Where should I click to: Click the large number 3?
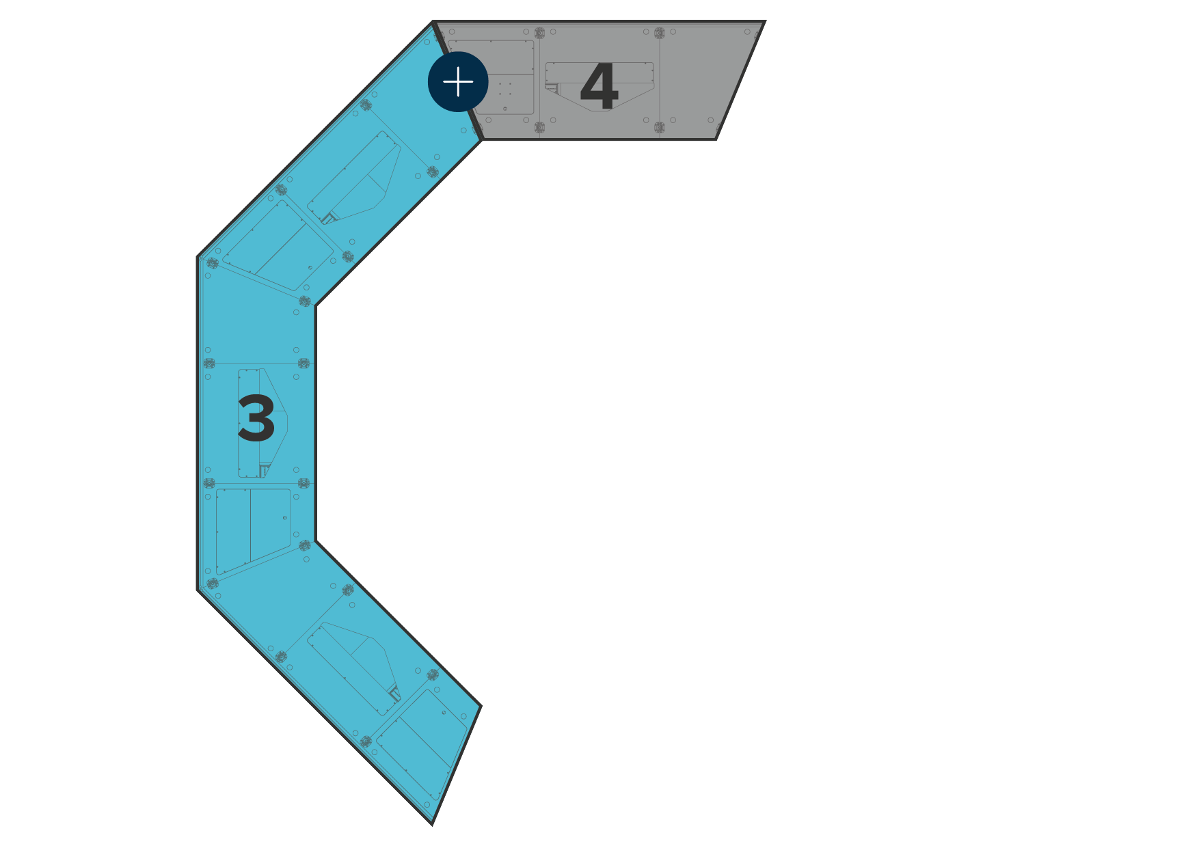(256, 419)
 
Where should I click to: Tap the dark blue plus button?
(458, 82)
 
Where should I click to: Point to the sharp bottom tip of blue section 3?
(432, 823)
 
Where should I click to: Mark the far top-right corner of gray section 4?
(763, 23)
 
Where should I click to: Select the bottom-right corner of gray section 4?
(715, 139)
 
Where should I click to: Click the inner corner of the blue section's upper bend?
(315, 305)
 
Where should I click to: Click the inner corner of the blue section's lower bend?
(315, 541)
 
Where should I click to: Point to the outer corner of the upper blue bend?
(199, 258)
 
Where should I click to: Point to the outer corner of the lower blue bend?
(199, 589)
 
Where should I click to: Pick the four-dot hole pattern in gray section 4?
(504, 89)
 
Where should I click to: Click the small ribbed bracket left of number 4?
(552, 89)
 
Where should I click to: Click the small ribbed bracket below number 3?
(264, 470)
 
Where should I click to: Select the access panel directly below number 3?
(253, 530)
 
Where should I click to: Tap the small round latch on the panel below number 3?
(285, 518)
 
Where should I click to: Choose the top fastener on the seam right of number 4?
(659, 33)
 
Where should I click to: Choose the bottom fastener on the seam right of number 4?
(659, 128)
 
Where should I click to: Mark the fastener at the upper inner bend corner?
(305, 301)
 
